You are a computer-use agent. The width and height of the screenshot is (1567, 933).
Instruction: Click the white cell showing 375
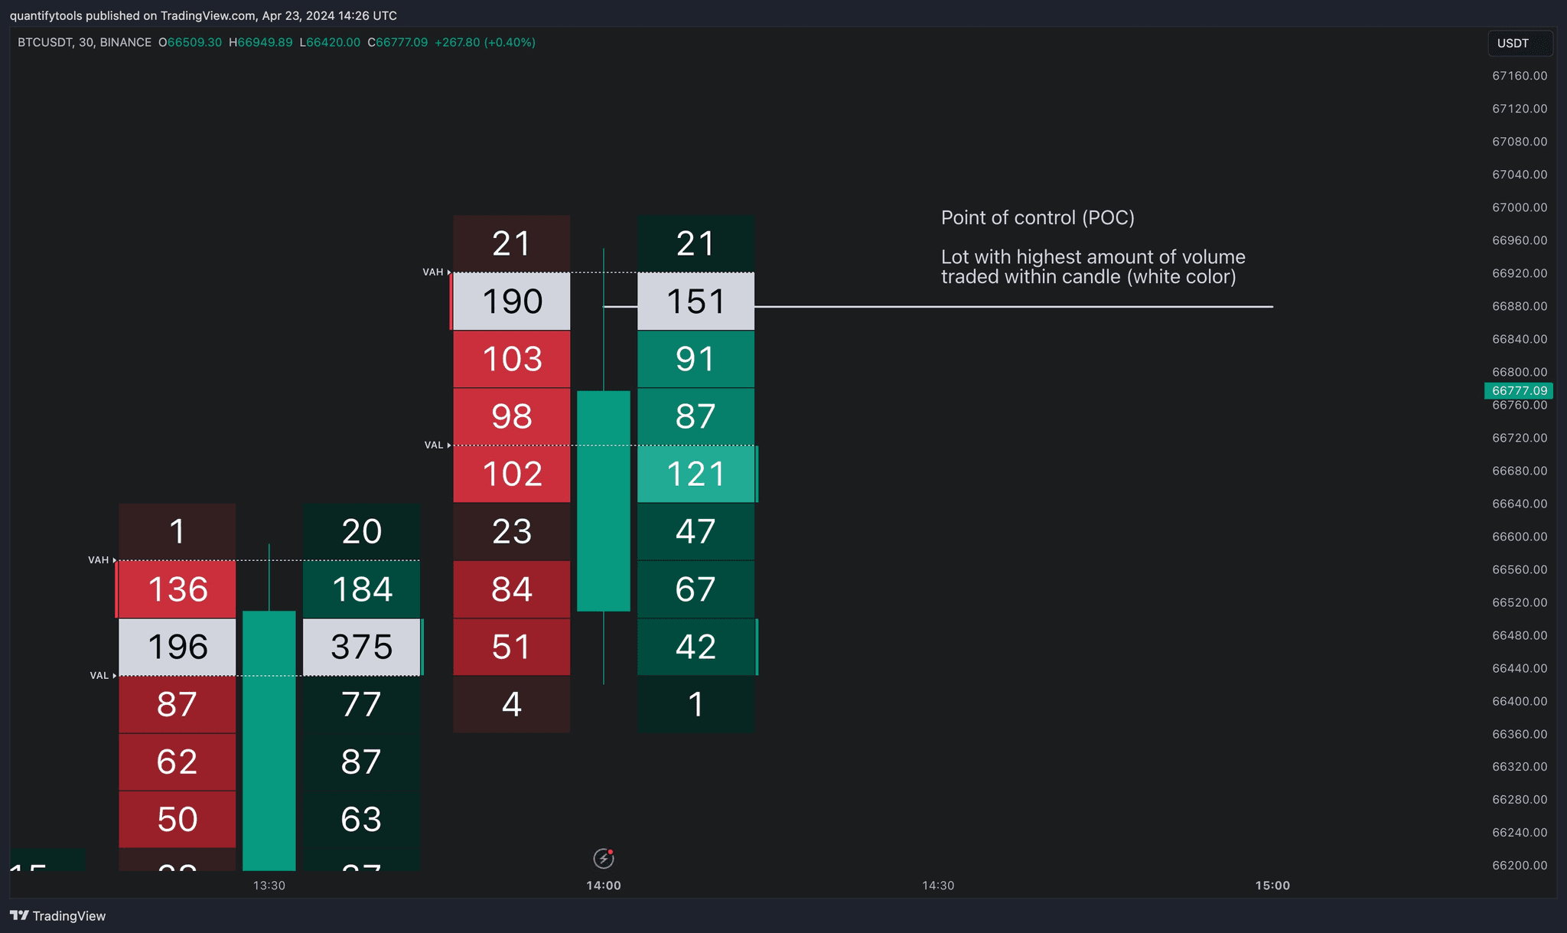point(361,647)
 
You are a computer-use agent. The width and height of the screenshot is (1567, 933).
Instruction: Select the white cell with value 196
point(177,647)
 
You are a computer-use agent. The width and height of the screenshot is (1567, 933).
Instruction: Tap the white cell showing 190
point(511,302)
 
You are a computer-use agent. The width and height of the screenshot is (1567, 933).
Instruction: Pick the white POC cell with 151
point(696,302)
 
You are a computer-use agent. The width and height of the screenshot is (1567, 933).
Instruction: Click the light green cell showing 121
point(696,474)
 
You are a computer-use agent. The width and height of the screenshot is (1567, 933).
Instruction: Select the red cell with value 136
point(177,589)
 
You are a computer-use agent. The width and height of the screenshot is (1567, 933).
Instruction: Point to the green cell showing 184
point(361,589)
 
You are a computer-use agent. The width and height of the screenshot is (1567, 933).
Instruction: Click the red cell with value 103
point(511,359)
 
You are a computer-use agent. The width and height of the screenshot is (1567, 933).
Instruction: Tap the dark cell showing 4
point(511,704)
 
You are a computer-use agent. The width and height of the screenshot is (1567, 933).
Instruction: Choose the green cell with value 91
point(696,359)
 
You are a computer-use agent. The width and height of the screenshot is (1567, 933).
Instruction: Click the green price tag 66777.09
point(1519,390)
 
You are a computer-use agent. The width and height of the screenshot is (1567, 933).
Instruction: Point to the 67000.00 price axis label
point(1519,207)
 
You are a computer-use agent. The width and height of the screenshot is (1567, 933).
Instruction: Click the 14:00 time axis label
point(603,886)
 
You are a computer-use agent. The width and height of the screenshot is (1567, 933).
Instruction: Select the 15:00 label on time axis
point(1272,886)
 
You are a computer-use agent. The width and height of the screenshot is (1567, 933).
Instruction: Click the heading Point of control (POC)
point(1037,218)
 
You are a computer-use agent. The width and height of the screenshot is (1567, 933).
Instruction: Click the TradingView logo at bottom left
point(58,915)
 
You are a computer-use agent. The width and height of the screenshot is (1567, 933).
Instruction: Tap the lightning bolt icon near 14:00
point(603,859)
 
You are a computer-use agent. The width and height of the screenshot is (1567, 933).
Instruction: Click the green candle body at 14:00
point(603,501)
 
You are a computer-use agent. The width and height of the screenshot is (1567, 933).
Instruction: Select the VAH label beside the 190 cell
point(433,272)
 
